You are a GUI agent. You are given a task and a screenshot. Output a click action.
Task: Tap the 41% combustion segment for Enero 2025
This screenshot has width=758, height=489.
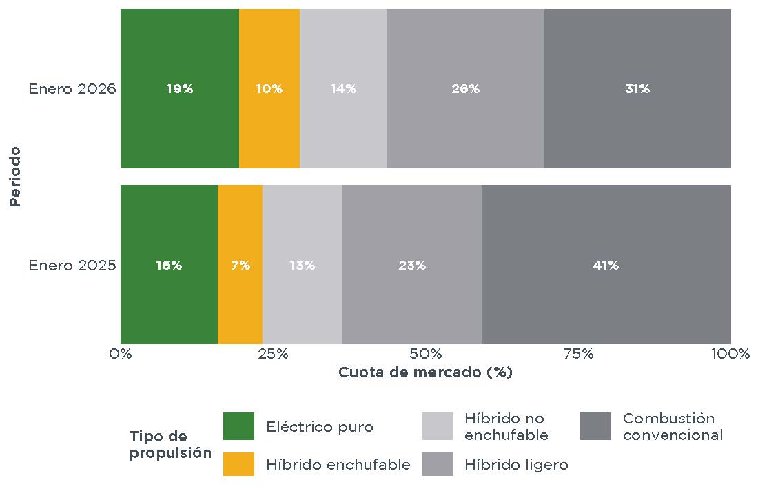(606, 297)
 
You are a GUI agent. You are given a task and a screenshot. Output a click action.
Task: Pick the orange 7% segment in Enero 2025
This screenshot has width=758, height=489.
(240, 297)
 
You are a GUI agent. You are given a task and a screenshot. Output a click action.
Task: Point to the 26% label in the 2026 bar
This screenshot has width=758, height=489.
(465, 89)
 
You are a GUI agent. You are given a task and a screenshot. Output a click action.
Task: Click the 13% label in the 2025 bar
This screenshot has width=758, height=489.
(302, 266)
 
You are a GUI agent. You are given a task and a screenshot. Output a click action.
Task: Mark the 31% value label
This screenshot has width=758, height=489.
(637, 89)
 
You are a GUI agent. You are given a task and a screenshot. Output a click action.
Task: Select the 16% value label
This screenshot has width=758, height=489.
(169, 266)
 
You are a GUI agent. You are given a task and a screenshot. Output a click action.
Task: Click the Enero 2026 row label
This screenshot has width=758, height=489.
(72, 89)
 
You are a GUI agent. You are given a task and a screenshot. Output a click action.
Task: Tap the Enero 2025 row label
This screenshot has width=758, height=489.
(72, 266)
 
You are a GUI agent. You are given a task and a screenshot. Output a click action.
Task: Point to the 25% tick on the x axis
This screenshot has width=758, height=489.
(274, 355)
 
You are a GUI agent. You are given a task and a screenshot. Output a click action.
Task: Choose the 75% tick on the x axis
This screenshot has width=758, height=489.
(579, 355)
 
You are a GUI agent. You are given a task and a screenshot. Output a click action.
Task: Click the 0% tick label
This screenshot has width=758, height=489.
(121, 355)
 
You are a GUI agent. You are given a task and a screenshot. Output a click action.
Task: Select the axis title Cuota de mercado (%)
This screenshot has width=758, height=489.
(425, 372)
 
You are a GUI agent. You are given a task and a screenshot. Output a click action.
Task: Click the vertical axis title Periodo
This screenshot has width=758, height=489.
(15, 176)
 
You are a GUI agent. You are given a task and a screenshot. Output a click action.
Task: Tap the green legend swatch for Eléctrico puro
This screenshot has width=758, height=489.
(238, 426)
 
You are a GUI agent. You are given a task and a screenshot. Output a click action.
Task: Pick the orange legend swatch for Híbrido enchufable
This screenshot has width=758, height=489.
(238, 464)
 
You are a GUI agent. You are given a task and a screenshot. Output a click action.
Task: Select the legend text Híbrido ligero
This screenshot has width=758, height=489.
(516, 465)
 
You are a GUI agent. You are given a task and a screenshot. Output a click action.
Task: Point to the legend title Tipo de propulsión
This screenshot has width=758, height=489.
(170, 445)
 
